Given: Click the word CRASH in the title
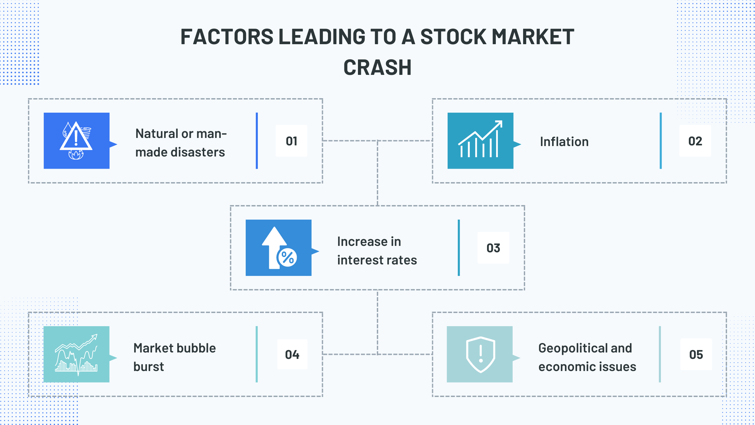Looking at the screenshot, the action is tap(377, 67).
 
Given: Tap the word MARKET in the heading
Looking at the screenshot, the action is tap(533, 37).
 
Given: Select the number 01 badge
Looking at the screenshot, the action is tap(292, 141).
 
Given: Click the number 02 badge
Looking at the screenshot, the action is tap(695, 141).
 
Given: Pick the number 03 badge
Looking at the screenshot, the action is tap(493, 248).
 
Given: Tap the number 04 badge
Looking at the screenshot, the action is tap(292, 355).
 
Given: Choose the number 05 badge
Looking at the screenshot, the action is tap(696, 355).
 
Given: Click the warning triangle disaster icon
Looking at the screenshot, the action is tap(76, 140).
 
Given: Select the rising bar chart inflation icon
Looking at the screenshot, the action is tap(480, 139).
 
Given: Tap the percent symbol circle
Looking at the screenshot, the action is tap(287, 258).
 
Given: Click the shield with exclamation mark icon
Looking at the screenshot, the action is tap(481, 355).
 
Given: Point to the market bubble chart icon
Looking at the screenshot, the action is tap(77, 355).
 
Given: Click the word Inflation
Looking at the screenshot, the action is tap(564, 142).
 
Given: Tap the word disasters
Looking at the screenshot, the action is tap(199, 152).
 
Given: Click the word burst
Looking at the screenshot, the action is tap(149, 367).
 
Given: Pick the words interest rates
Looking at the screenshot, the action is tap(377, 260).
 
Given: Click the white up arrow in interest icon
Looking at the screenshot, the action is tap(274, 247).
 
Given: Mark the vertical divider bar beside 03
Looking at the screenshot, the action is tap(459, 248).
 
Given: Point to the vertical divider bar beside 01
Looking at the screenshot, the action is tap(257, 141).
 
